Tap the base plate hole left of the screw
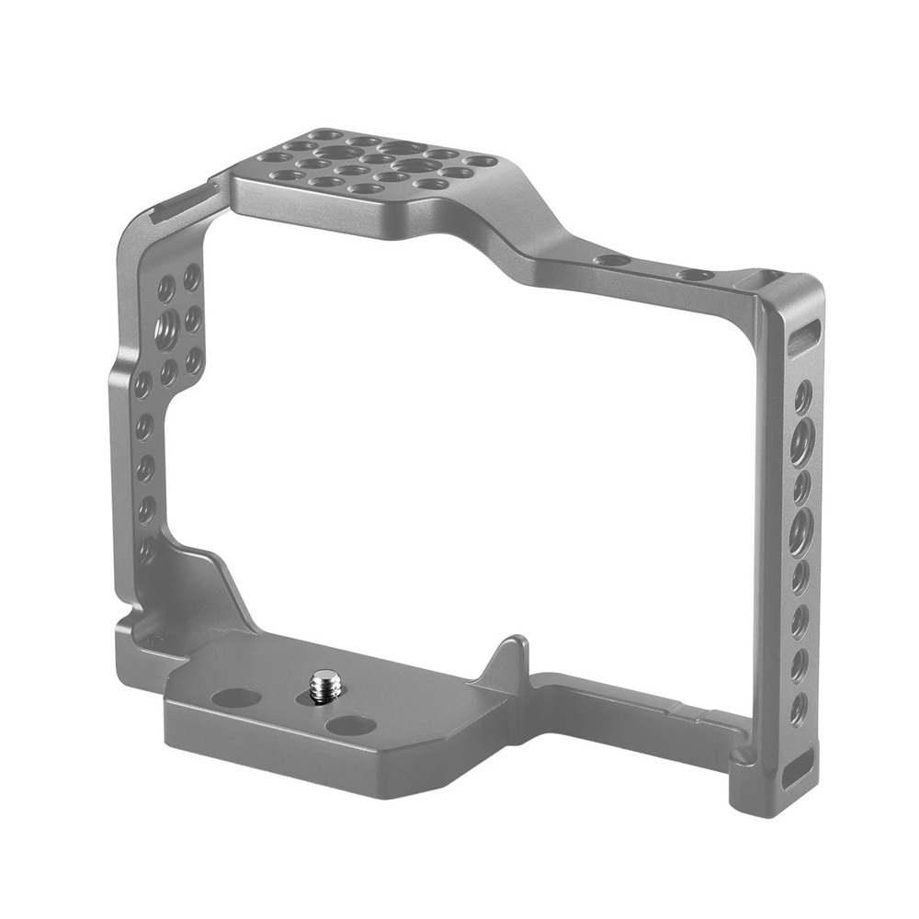point(235,698)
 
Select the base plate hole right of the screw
point(350,725)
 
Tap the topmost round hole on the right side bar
point(802,396)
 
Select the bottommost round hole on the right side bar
point(798,707)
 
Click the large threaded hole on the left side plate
point(168,328)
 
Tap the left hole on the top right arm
point(611,260)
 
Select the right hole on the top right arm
point(694,274)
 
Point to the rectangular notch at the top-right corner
point(766,276)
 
